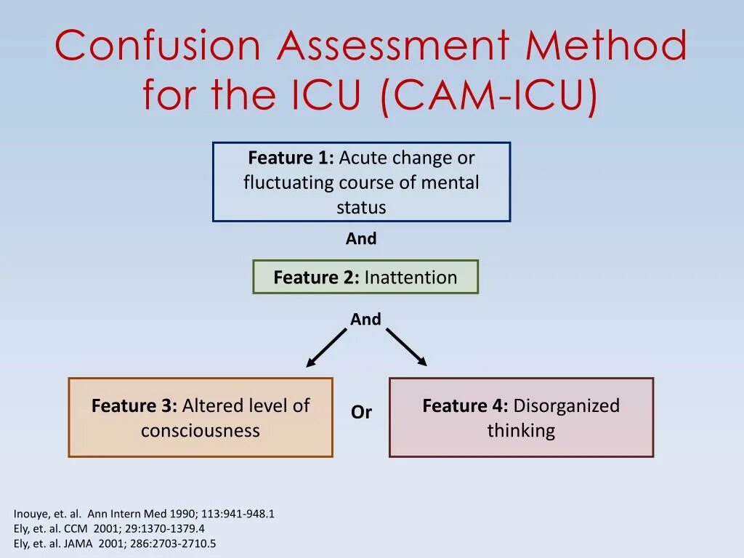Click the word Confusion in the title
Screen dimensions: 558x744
[157, 46]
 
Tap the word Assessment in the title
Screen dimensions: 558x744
[397, 46]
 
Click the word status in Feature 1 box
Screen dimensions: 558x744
[361, 207]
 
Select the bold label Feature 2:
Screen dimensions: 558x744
[316, 277]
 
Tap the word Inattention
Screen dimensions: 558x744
[411, 277]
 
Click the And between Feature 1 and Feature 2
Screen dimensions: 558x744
[361, 238]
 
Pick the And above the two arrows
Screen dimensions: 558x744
[365, 319]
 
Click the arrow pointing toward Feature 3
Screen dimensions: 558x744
[326, 348]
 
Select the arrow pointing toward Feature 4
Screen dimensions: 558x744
[406, 347]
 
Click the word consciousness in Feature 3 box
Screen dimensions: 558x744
[201, 430]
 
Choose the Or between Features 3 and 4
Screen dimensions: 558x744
[361, 412]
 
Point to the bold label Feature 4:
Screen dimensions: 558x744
[465, 405]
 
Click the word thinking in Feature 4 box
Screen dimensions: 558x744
[521, 430]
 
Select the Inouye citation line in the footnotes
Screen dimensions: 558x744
[144, 514]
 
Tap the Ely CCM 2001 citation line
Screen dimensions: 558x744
[109, 529]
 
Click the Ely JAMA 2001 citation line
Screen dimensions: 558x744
[115, 543]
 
